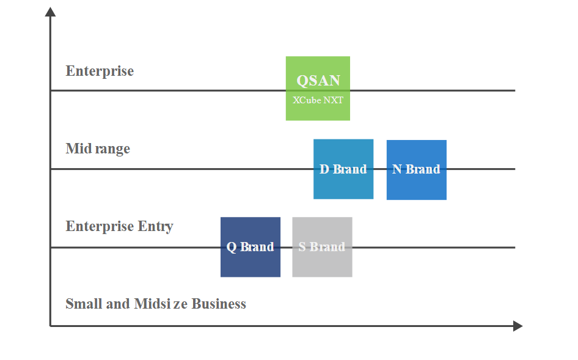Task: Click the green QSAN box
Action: pyautogui.click(x=318, y=89)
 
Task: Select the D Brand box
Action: pyautogui.click(x=343, y=169)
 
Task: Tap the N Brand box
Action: pyautogui.click(x=417, y=170)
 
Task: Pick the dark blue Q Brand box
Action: pyautogui.click(x=251, y=247)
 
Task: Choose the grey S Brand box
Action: pyautogui.click(x=322, y=247)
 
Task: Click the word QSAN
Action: pyautogui.click(x=318, y=81)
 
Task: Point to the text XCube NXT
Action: pyautogui.click(x=318, y=100)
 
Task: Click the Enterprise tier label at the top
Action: pyautogui.click(x=100, y=71)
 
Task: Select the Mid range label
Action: pyautogui.click(x=98, y=149)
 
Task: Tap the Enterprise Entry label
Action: pyautogui.click(x=119, y=227)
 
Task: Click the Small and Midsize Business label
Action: pyautogui.click(x=156, y=304)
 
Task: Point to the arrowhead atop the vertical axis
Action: pyautogui.click(x=50, y=12)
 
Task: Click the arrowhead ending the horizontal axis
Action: pyautogui.click(x=518, y=326)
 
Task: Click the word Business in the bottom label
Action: pyautogui.click(x=219, y=304)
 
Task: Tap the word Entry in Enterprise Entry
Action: pyautogui.click(x=155, y=227)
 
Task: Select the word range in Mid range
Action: pyautogui.click(x=112, y=149)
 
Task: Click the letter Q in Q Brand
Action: pyautogui.click(x=232, y=247)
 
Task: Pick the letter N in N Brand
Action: pyautogui.click(x=397, y=169)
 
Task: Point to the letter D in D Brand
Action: pyautogui.click(x=324, y=169)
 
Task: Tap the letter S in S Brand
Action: pyautogui.click(x=302, y=246)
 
